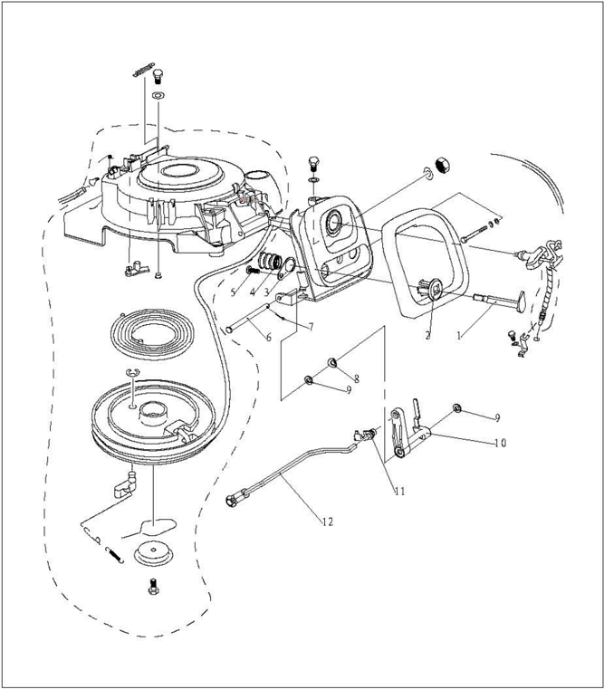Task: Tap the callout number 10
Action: [501, 444]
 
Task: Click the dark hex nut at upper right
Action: [444, 163]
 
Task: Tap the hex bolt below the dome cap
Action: [152, 587]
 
